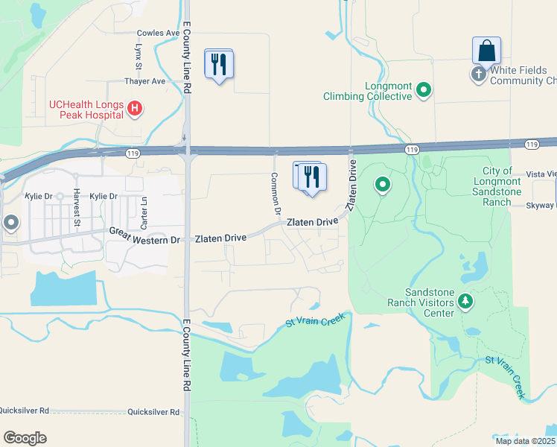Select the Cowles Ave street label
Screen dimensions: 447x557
pos(159,34)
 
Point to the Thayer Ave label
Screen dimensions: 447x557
pos(145,81)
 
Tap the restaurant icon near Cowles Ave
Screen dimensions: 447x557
pos(219,64)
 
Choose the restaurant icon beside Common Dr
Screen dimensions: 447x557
pos(311,177)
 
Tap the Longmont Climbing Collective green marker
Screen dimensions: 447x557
pos(424,91)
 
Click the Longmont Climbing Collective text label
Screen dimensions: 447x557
pos(367,91)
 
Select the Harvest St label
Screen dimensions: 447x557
pos(77,207)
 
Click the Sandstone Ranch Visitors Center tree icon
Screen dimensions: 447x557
pos(465,301)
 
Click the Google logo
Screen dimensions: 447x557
pos(25,437)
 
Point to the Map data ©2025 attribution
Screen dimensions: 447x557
pos(525,441)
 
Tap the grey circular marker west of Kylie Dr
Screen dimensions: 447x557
pos(10,222)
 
